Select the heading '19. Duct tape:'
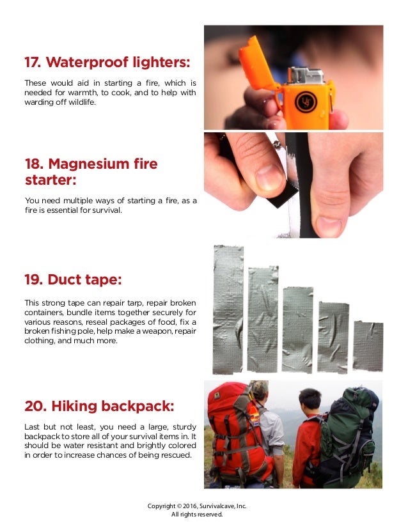tap(73, 279)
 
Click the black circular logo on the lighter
tap(306, 102)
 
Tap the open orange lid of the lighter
tap(257, 65)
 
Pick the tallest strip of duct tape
tap(228, 309)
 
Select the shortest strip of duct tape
tap(368, 346)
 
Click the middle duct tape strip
tap(297, 330)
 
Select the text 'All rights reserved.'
tap(197, 514)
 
